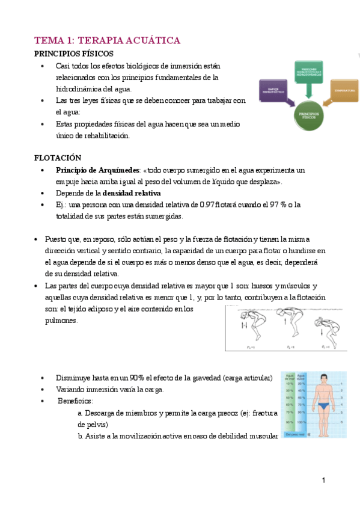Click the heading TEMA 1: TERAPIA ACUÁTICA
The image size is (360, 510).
point(107,40)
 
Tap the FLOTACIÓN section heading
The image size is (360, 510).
point(58,158)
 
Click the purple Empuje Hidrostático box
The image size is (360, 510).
point(275,90)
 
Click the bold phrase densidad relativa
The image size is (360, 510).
point(132,193)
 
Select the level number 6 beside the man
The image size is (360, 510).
point(343,423)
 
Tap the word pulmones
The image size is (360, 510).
point(61,321)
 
